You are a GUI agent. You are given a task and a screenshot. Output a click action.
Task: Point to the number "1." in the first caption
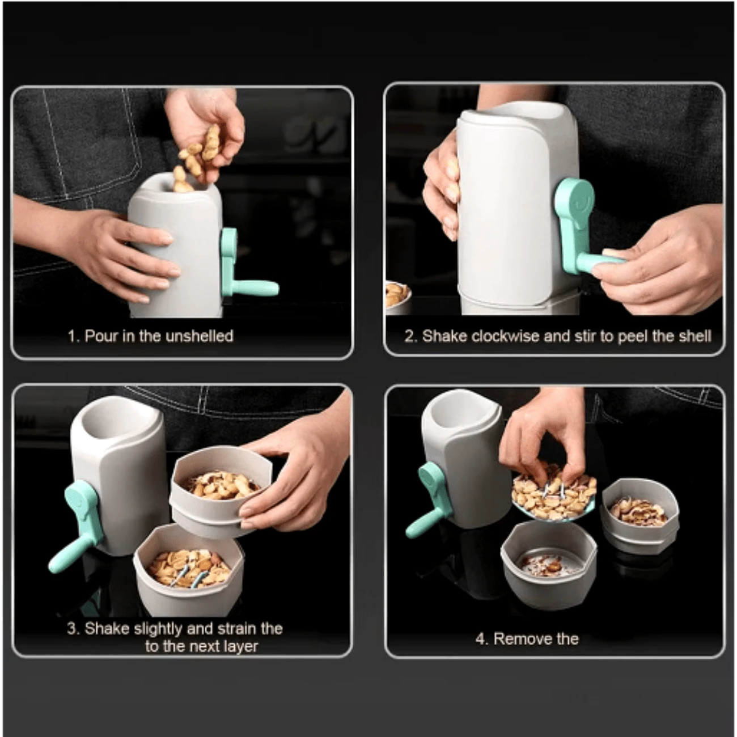pyautogui.click(x=74, y=336)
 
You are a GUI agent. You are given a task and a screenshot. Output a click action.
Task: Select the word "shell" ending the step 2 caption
pyautogui.click(x=694, y=336)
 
